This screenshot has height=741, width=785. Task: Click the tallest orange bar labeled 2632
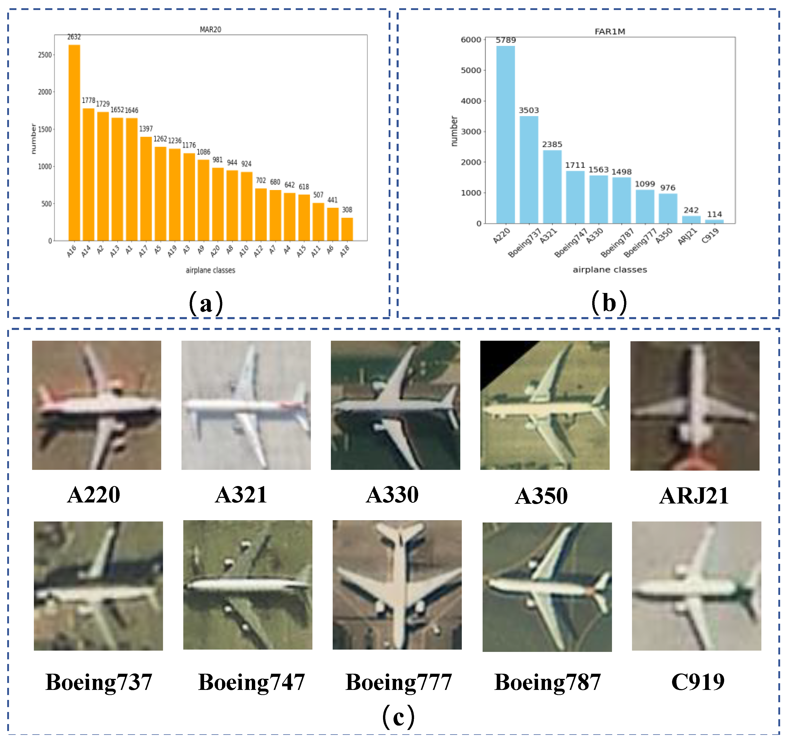point(74,142)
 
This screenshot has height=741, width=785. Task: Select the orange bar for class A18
point(347,229)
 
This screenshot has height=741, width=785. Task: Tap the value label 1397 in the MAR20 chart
point(146,129)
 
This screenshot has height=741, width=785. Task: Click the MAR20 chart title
point(210,30)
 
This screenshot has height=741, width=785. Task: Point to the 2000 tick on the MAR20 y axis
point(45,92)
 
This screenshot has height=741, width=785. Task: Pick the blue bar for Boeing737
point(529,170)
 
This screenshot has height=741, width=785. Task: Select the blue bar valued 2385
point(552,186)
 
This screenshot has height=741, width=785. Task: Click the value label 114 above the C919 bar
point(714,214)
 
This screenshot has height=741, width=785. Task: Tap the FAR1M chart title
point(610,32)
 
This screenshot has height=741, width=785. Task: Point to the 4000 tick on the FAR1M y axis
point(471,101)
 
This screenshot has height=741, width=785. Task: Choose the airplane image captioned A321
point(246,405)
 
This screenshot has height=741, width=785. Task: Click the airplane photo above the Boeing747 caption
point(247,585)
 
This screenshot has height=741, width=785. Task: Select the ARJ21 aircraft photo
point(695,406)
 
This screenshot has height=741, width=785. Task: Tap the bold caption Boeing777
point(398,682)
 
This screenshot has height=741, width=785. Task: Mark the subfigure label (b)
point(609,303)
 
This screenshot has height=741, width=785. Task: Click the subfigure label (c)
point(398,717)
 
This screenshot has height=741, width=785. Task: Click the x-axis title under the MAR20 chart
point(210,270)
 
